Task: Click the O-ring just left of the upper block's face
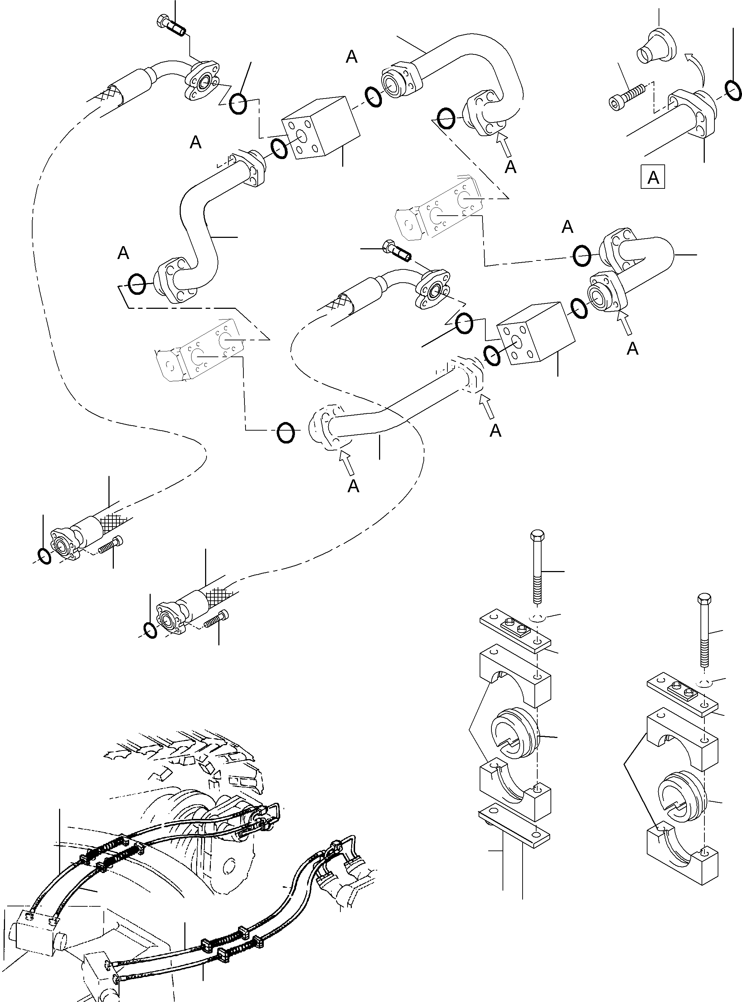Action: point(279,149)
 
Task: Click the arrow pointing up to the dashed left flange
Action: point(347,463)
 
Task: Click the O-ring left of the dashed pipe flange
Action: point(286,432)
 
